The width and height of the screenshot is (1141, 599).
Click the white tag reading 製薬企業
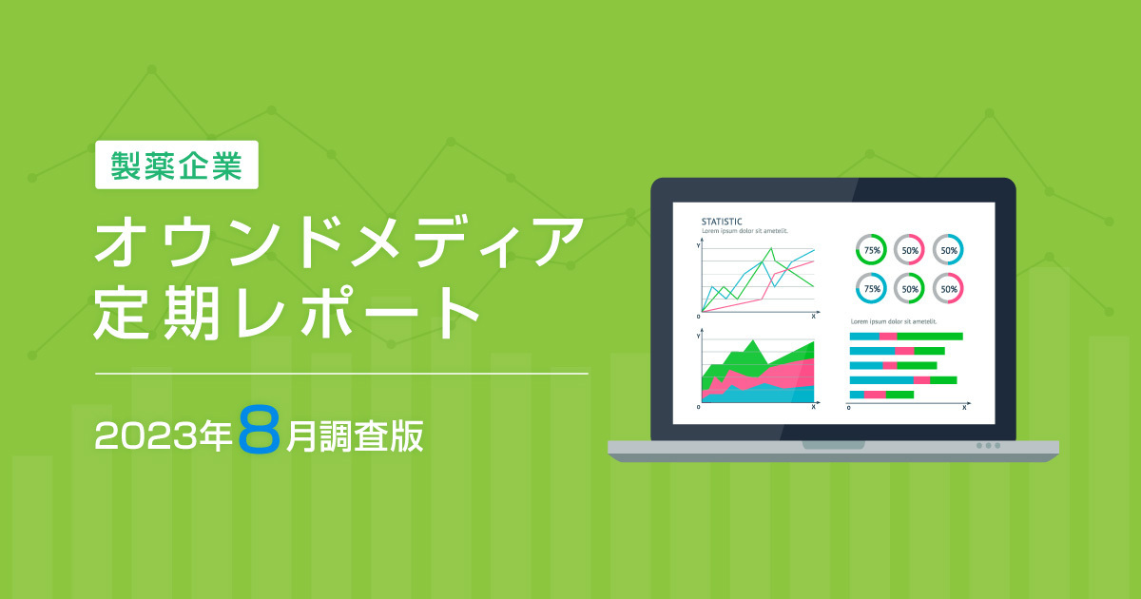point(177,164)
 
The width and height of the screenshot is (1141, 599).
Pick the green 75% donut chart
point(872,249)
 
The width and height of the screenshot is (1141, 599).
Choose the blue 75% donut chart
point(872,287)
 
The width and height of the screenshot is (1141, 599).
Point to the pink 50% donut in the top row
point(910,249)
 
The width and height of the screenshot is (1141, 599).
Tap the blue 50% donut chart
point(948,249)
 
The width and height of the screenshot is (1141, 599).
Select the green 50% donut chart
point(910,287)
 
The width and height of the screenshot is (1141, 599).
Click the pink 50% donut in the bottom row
point(948,287)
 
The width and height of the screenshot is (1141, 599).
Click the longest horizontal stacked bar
point(906,337)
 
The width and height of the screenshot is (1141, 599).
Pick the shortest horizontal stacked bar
point(881,394)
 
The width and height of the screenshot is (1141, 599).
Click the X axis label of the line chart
point(814,315)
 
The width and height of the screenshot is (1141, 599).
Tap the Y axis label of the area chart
point(699,336)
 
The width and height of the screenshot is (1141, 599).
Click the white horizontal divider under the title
point(341,374)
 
